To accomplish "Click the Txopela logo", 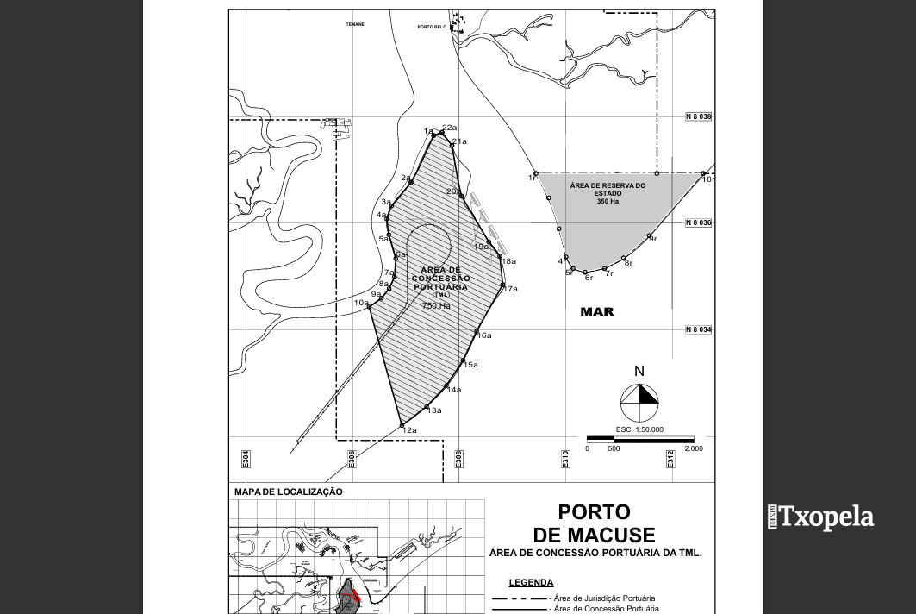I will [x=820, y=517].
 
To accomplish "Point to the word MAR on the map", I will [x=597, y=311].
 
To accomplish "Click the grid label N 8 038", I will [x=699, y=116].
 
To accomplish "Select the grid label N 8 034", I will [x=699, y=330].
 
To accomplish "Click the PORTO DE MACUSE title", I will [x=595, y=523].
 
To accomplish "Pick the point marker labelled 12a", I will [x=402, y=424].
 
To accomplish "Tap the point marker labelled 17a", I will [x=502, y=285].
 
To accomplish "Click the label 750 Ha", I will [x=436, y=305].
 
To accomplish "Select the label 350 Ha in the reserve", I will [x=608, y=202].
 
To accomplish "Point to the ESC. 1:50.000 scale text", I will [x=639, y=429].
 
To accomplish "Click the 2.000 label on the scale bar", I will [x=693, y=448].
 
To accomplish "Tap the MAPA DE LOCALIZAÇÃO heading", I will [x=288, y=492].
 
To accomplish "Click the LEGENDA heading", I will [x=531, y=582].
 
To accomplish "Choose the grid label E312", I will [x=670, y=459].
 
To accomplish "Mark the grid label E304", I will [x=246, y=459].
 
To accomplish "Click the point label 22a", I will [x=449, y=128].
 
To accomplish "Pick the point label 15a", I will [x=470, y=365].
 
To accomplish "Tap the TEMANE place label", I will [x=355, y=24].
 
